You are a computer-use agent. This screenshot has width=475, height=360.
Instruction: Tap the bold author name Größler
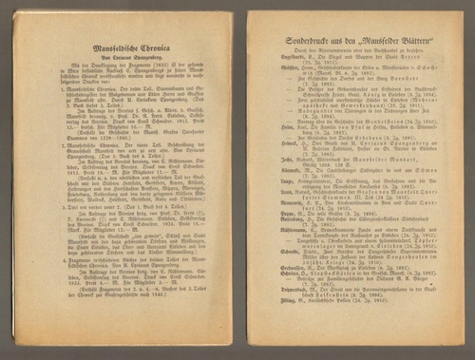[279, 80]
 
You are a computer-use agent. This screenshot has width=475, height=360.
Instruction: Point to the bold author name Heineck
[279, 152]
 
